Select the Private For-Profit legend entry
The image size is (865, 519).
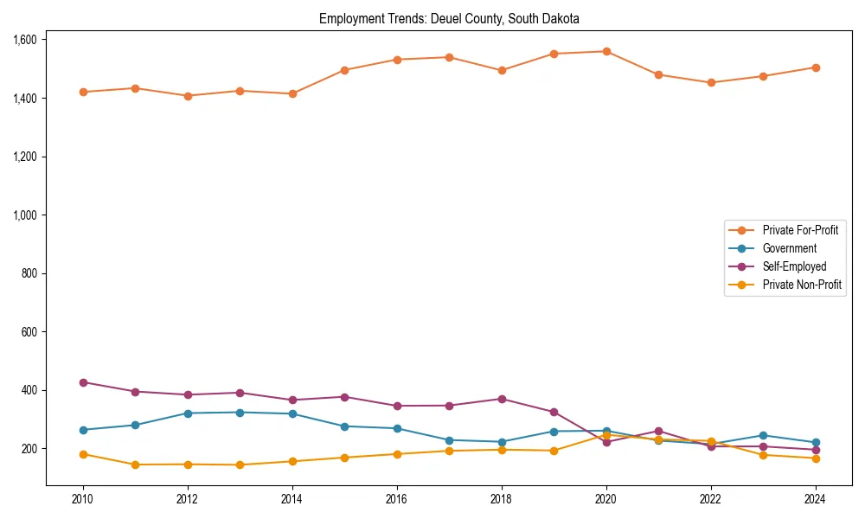794,230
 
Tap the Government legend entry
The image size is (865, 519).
789,248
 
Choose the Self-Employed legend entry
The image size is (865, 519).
794,266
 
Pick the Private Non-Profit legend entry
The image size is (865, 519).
802,285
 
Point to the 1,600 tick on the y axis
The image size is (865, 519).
24,40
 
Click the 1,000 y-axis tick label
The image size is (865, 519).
24,215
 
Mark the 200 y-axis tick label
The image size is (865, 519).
29,448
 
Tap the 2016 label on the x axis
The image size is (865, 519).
397,499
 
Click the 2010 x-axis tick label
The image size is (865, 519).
83,499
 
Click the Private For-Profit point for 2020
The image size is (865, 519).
606,51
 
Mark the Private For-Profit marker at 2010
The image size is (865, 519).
83,92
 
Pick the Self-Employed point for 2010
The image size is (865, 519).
83,382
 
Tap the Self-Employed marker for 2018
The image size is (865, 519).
502,399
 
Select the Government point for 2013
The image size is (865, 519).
240,412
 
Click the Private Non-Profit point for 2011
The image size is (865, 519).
135,465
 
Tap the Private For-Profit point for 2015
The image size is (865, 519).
344,70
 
